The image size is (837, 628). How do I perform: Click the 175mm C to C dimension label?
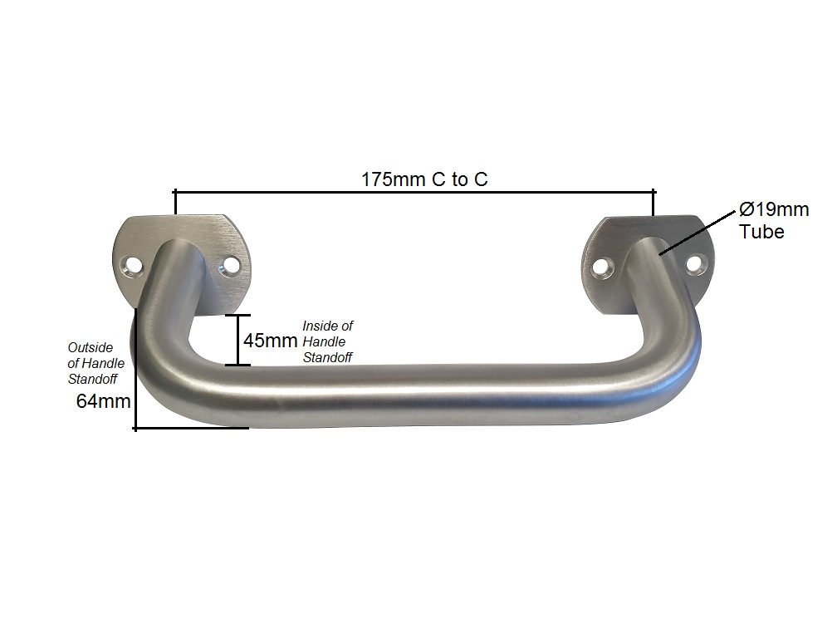click(x=424, y=179)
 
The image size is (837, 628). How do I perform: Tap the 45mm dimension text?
click(x=270, y=341)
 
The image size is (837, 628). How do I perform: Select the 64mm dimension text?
click(x=104, y=401)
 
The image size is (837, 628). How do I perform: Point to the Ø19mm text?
click(x=774, y=209)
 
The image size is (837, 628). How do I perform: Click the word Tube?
click(x=761, y=232)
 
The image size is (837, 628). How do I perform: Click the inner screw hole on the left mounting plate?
click(x=231, y=265)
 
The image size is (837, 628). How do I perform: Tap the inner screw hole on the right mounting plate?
click(x=603, y=266)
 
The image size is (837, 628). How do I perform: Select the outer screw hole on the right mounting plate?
click(x=693, y=263)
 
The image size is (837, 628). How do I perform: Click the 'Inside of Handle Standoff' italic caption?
click(x=328, y=341)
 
